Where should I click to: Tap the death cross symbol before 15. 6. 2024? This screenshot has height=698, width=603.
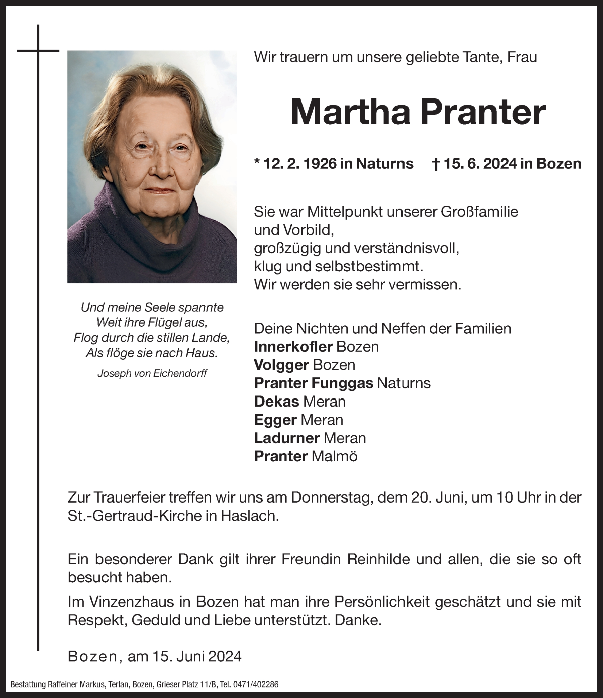tap(436, 164)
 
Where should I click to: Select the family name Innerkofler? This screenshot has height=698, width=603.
tap(293, 347)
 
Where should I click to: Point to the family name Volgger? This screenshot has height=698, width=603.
tap(281, 365)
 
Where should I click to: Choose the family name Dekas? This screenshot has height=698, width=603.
tap(277, 402)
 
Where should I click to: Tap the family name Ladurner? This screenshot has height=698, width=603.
tap(287, 438)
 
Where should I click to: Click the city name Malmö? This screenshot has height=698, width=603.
tap(334, 456)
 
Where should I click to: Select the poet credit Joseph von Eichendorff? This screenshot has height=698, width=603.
tap(152, 373)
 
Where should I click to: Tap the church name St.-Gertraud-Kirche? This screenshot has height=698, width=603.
tap(134, 516)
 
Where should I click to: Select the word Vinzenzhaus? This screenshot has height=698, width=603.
tap(137, 602)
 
